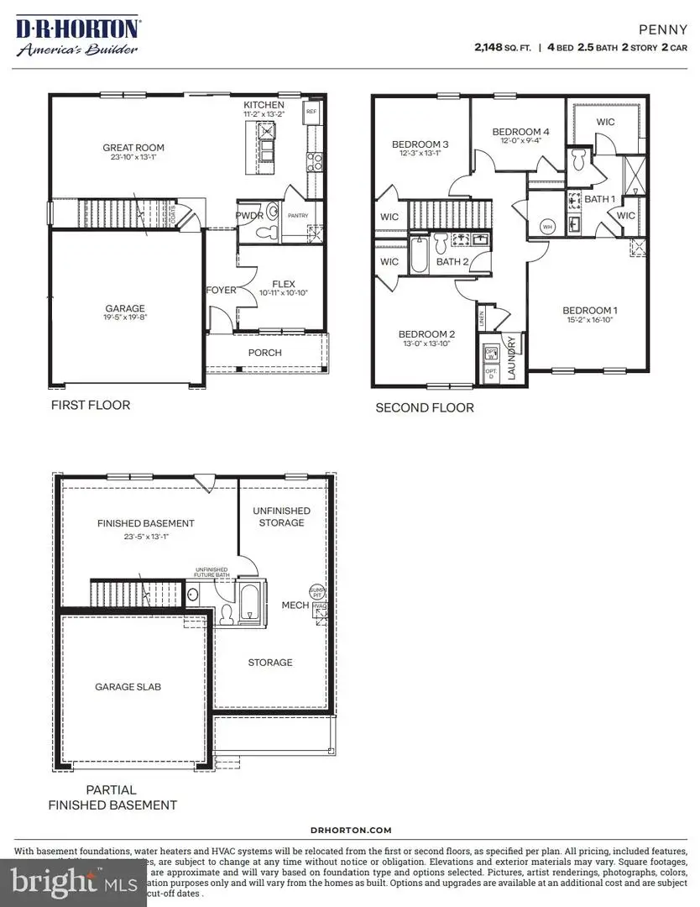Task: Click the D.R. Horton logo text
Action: [77, 29]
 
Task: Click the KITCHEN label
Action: [264, 104]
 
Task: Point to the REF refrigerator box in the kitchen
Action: [311, 111]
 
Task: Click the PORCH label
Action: [265, 353]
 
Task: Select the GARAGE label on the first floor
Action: [125, 308]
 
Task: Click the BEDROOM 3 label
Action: [421, 144]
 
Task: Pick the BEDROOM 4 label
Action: [520, 132]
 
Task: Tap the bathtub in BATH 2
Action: [420, 254]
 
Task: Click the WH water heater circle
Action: [547, 227]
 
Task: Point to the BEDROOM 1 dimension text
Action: [588, 320]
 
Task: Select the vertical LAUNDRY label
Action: [511, 359]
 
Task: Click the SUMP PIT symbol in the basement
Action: [316, 590]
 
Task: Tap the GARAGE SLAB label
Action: [128, 686]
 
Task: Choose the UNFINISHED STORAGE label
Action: [281, 516]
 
